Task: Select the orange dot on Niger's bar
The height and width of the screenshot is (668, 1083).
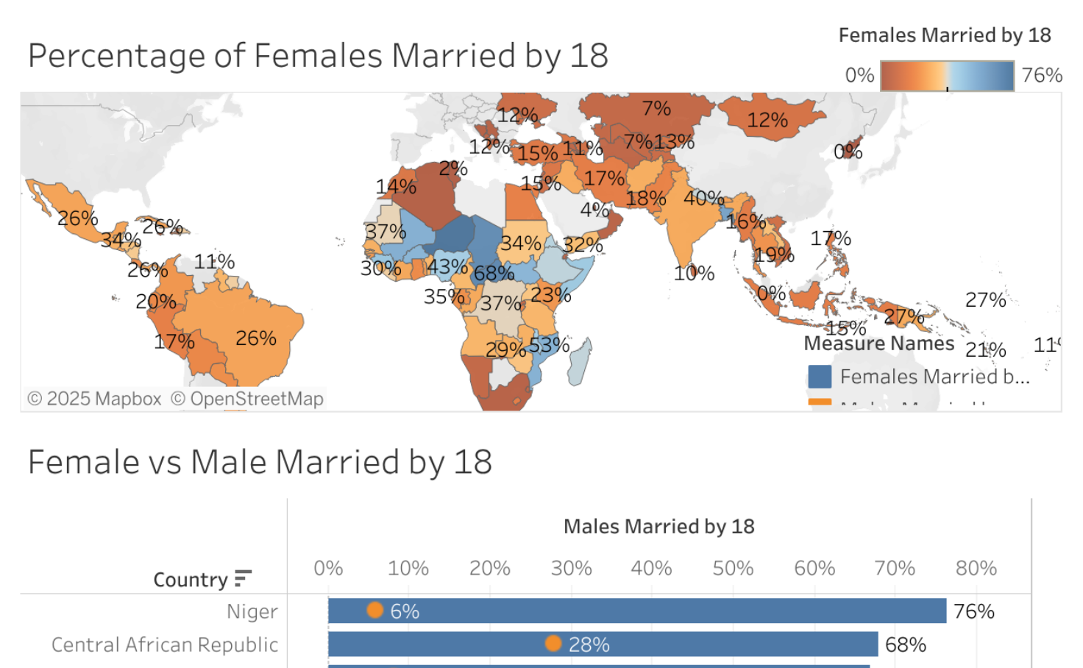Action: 375,610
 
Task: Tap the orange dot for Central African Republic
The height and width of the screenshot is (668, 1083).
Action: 553,644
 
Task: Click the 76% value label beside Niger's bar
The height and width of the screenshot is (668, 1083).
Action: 973,611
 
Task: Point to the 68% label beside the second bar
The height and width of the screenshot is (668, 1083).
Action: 905,644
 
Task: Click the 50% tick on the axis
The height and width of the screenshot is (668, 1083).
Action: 733,568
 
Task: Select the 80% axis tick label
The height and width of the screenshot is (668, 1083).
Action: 976,568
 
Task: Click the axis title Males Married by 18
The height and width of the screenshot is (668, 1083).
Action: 658,526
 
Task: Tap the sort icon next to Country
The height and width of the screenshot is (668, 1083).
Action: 243,578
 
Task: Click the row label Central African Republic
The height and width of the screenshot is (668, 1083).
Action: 165,644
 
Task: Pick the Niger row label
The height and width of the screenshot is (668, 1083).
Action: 252,611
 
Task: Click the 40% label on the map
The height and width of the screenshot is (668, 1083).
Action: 703,198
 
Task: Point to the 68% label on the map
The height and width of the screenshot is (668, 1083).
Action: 494,273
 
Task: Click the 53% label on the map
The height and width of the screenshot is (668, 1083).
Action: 549,344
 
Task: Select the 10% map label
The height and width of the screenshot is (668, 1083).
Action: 694,273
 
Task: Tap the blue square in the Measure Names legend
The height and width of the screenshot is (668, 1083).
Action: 820,377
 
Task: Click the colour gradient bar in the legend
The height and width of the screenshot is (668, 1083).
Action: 947,76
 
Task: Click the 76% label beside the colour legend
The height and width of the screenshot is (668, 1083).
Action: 1042,75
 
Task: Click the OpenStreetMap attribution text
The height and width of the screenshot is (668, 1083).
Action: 248,399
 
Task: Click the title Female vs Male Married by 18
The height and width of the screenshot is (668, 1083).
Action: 260,462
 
